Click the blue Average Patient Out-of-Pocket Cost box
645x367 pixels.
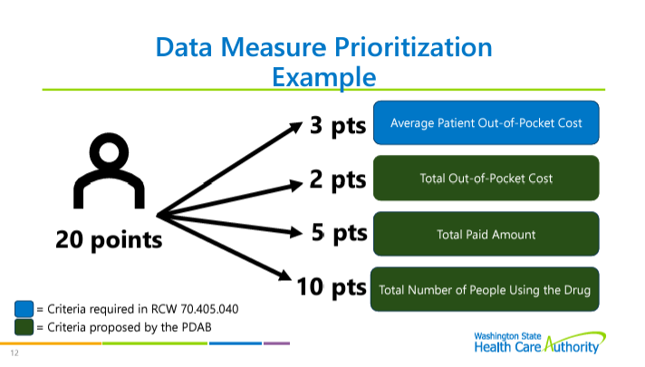(486, 122)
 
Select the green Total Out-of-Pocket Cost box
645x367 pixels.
(486, 179)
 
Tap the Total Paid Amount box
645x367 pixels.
(486, 234)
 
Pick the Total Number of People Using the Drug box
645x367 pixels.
(485, 289)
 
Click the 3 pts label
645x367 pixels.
(338, 125)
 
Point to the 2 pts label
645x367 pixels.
(338, 179)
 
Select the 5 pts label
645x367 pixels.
(339, 233)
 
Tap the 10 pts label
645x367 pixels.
(332, 286)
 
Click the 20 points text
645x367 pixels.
(109, 240)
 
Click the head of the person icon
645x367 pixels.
(109, 152)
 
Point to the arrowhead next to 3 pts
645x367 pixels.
(296, 127)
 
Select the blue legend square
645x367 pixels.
(24, 309)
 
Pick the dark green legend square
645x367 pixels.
(24, 327)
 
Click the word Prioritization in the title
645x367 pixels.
(413, 48)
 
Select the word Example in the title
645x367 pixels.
(324, 77)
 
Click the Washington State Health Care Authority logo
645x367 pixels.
(540, 343)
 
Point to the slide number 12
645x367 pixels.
(14, 353)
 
